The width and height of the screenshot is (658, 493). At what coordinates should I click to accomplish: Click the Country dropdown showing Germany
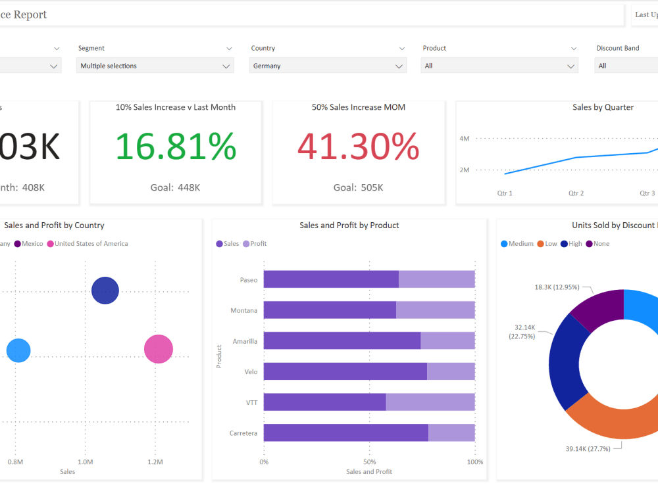tap(328, 66)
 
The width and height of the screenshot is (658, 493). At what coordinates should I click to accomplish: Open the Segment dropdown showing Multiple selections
tap(155, 66)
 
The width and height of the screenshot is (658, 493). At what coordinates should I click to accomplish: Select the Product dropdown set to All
tap(499, 66)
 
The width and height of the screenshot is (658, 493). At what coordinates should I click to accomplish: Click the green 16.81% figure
tap(176, 147)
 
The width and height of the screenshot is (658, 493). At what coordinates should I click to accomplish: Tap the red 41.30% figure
tap(358, 147)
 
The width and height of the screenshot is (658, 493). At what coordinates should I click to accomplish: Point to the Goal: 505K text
tap(358, 187)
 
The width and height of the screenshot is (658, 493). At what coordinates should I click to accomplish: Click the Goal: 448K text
tap(175, 187)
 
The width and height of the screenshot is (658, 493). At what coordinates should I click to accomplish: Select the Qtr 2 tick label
tap(576, 193)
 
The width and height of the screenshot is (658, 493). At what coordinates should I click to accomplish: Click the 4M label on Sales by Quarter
tap(464, 139)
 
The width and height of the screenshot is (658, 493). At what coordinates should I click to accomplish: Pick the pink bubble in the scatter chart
tap(159, 349)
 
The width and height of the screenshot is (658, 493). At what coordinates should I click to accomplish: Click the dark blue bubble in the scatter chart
tap(105, 291)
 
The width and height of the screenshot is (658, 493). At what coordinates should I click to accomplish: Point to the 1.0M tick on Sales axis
tap(85, 462)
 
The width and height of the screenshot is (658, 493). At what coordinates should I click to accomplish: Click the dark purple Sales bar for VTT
tap(324, 402)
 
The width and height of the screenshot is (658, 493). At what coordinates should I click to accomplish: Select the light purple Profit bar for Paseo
tap(436, 279)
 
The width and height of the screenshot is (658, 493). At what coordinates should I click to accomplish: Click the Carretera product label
tap(243, 433)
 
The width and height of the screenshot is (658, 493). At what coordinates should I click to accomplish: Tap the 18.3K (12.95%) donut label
tap(556, 287)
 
